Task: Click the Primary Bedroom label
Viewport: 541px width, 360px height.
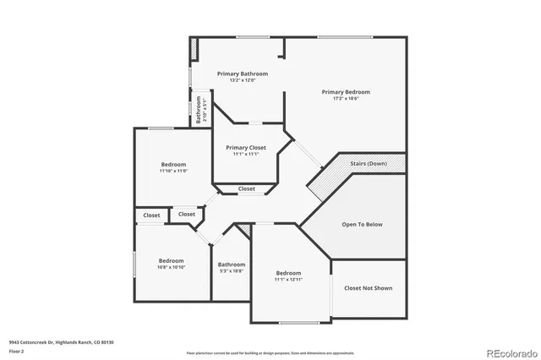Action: point(345,91)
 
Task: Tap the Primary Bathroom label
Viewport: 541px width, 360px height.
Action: point(242,74)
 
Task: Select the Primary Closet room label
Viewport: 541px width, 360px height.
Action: point(246,147)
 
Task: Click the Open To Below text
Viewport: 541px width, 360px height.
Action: point(362,224)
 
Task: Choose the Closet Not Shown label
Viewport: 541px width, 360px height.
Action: point(368,288)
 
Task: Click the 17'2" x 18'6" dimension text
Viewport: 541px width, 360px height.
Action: point(345,98)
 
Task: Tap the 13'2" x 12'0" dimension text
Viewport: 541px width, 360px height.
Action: point(242,81)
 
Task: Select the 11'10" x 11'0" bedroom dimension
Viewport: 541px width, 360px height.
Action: point(173,171)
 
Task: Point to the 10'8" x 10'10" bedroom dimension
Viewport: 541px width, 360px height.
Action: point(171,267)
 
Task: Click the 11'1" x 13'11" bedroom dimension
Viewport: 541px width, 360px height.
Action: point(288,279)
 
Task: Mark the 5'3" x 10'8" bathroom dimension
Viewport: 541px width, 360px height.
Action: point(232,270)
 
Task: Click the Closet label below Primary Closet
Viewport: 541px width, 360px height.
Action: point(247,188)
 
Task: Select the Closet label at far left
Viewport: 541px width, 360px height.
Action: point(151,215)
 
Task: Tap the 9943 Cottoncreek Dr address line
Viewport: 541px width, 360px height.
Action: point(61,342)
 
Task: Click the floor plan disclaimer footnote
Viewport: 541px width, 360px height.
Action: point(270,352)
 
